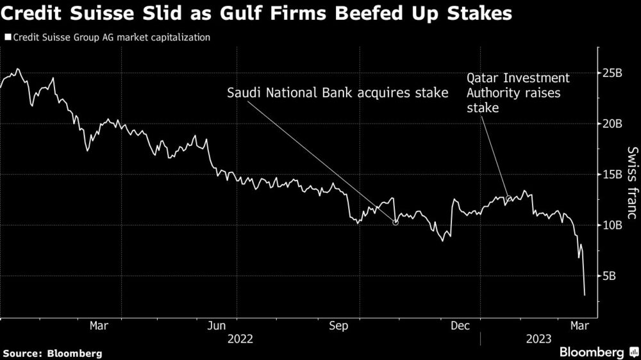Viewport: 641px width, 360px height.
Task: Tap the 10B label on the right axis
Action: click(x=613, y=225)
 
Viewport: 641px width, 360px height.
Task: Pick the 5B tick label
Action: click(x=610, y=276)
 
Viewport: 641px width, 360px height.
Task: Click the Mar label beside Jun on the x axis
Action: click(x=99, y=325)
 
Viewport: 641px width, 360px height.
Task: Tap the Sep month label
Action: click(x=338, y=325)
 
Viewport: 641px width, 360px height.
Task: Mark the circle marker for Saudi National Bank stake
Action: click(x=395, y=222)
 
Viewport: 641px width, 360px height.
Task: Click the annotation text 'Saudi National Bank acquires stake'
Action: click(x=337, y=93)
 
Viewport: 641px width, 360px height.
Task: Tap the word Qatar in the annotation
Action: click(x=483, y=78)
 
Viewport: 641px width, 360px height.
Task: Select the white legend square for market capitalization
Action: click(x=7, y=38)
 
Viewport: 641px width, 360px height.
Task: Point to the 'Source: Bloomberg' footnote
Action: click(x=53, y=353)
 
